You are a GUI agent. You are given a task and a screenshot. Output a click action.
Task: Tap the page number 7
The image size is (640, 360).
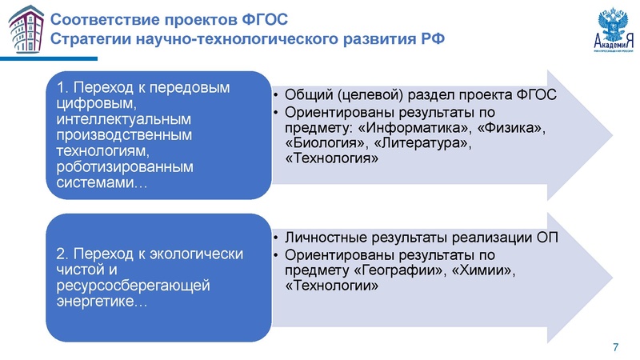[x=614, y=346]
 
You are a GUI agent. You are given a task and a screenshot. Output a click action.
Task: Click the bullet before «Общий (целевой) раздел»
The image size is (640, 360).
[x=275, y=94]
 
